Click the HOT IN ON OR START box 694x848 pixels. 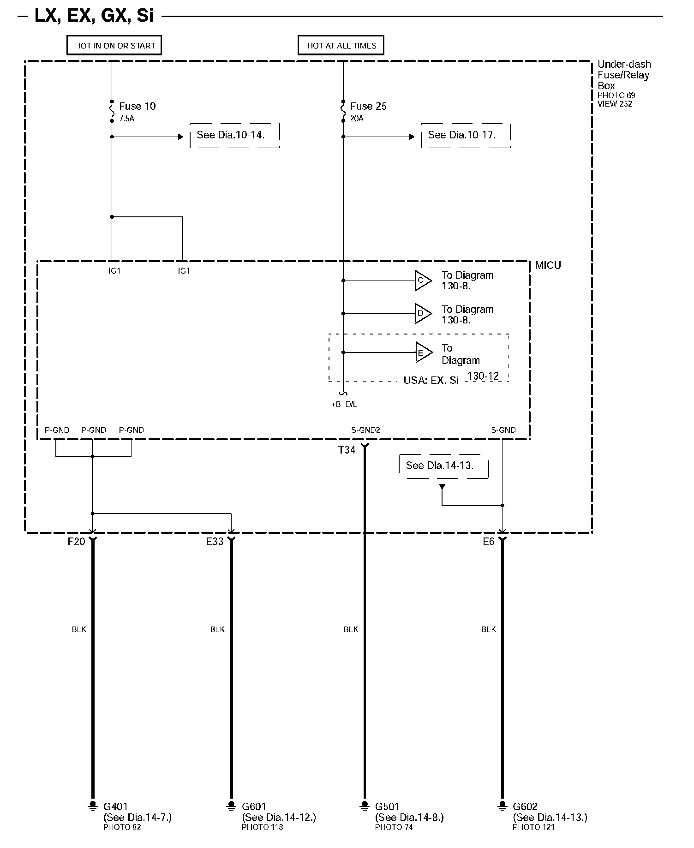click(x=114, y=46)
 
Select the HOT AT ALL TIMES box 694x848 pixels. click(x=341, y=46)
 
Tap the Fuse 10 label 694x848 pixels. click(x=137, y=107)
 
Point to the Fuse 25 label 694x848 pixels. click(x=368, y=107)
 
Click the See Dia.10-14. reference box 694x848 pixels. click(x=234, y=135)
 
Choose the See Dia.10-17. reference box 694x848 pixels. click(x=466, y=135)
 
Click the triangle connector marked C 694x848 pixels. click(x=422, y=281)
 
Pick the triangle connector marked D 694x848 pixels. click(x=422, y=314)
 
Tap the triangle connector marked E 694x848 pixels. click(x=423, y=353)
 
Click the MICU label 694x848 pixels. click(x=548, y=266)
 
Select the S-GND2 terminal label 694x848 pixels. click(x=365, y=430)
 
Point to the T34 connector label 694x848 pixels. click(x=347, y=450)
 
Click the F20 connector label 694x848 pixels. click(x=77, y=542)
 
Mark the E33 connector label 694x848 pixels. click(x=215, y=542)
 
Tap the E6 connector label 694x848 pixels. click(x=489, y=542)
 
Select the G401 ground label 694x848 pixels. click(x=115, y=806)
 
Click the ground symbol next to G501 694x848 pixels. click(x=365, y=806)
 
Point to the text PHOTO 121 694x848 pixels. click(x=533, y=827)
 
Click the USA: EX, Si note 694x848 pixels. click(x=431, y=381)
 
